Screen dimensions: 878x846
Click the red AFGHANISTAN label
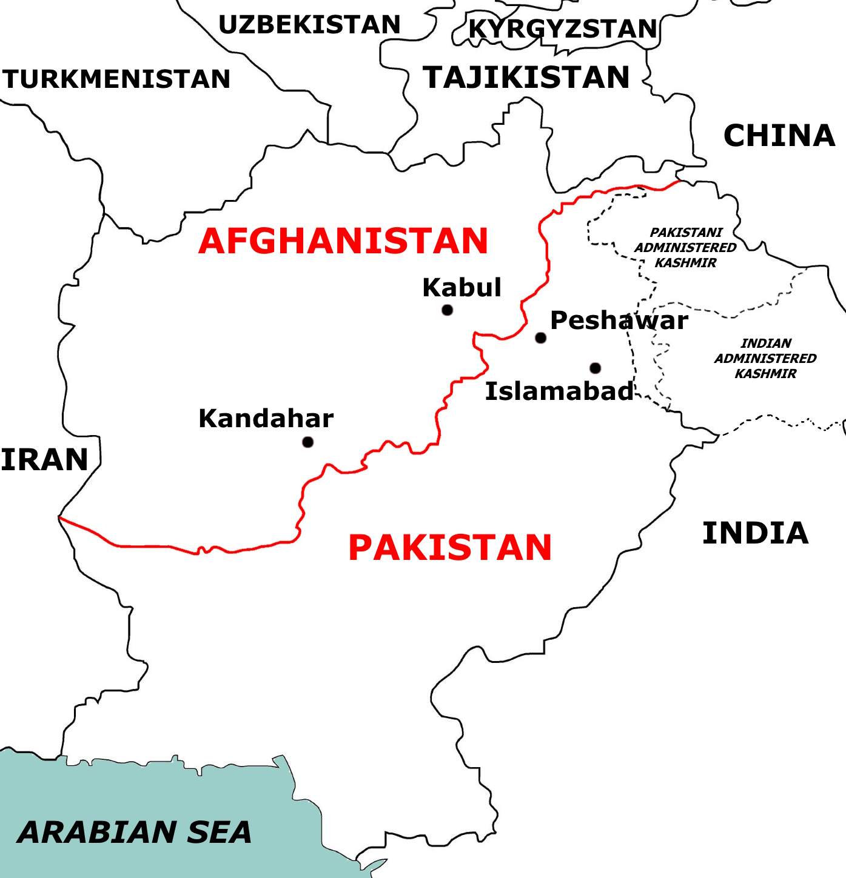pos(343,241)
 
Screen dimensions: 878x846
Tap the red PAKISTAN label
pos(450,548)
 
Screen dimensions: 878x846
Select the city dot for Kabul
pos(448,310)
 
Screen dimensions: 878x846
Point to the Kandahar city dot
pos(307,442)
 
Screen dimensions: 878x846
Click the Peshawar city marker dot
pos(540,338)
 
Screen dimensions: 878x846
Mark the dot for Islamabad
pos(595,368)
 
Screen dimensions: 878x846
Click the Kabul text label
pos(462,287)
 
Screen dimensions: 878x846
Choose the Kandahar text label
pos(266,419)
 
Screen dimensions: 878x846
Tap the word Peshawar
pos(619,321)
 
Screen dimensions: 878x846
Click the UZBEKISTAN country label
pos(309,25)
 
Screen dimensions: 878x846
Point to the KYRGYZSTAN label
pos(563,28)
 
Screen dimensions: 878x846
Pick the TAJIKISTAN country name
pos(526,78)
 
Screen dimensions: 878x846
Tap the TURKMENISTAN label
pos(116,79)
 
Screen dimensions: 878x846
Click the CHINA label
pos(779,136)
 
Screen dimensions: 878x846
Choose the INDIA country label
pos(755,533)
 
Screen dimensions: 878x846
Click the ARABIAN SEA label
pos(135,832)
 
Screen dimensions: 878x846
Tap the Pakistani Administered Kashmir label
pos(685,247)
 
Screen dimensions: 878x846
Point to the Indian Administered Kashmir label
pos(765,358)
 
